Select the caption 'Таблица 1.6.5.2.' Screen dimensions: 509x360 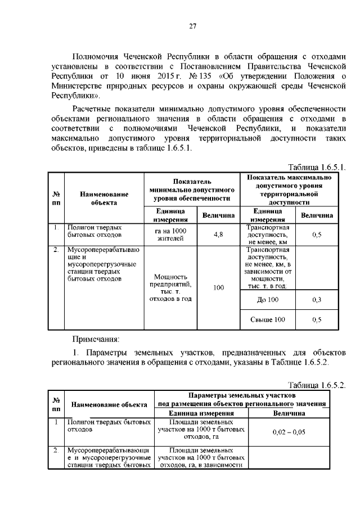click(x=317, y=385)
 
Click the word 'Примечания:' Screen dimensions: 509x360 click(x=96, y=340)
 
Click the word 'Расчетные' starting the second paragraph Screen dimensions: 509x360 click(x=94, y=108)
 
